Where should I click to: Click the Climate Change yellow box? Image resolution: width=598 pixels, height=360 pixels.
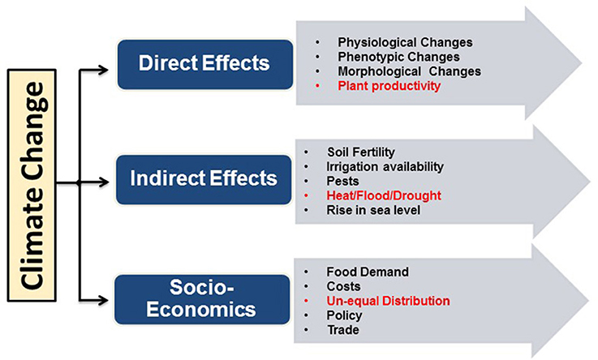click(32, 185)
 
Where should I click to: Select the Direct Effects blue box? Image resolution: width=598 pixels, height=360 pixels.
click(205, 64)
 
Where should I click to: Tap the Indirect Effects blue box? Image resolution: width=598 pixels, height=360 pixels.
click(204, 179)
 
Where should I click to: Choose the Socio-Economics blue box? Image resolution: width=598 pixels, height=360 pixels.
click(202, 299)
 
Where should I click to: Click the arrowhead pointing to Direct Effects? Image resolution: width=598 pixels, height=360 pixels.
click(103, 70)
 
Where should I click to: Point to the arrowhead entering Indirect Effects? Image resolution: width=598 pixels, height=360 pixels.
click(103, 182)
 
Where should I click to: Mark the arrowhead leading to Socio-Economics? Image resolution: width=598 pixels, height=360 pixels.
click(103, 300)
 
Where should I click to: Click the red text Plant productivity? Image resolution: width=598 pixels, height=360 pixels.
click(389, 86)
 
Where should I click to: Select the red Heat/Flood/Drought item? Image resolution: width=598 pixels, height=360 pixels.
click(384, 195)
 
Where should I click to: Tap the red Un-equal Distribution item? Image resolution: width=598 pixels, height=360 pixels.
click(388, 301)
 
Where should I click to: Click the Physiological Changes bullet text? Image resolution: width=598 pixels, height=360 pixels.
click(405, 42)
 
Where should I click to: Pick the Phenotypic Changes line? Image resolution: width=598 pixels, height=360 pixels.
click(398, 57)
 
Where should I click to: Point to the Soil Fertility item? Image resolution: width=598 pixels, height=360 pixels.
click(361, 152)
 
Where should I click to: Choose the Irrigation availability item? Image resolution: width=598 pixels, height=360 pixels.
click(385, 167)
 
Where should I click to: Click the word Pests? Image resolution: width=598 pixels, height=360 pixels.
click(342, 181)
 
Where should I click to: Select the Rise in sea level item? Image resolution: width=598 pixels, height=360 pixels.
click(373, 210)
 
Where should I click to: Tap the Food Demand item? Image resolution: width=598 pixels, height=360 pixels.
click(368, 272)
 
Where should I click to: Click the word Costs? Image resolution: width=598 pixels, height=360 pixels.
click(343, 286)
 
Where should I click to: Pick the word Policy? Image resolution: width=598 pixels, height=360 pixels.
click(344, 315)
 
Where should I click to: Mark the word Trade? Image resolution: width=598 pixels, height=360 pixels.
click(343, 330)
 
